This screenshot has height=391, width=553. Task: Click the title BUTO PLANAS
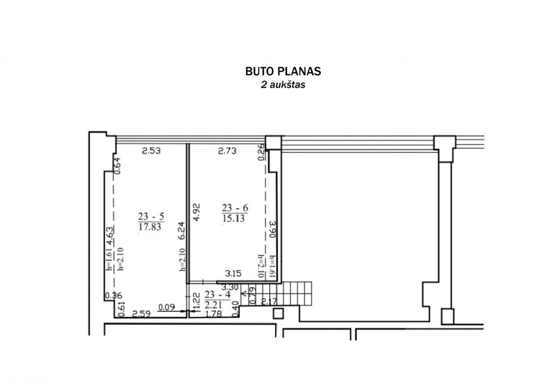[283, 71]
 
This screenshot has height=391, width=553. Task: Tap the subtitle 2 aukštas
[283, 85]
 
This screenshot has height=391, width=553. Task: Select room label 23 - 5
[151, 216]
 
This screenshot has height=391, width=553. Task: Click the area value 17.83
[150, 227]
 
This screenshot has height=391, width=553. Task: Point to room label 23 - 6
[235, 208]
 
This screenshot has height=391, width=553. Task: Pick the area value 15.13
[233, 218]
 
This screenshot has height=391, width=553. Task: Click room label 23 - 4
[217, 294]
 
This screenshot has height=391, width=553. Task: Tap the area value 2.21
[213, 305]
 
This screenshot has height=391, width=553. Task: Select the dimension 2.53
[151, 151]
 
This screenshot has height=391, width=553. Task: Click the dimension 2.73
[227, 151]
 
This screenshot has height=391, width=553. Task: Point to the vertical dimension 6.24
[182, 231]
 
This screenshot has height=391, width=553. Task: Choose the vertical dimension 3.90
[273, 229]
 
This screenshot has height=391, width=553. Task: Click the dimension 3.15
[233, 273]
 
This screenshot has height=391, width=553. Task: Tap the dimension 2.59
[141, 314]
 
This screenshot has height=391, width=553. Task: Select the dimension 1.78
[213, 314]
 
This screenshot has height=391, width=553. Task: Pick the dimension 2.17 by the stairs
[269, 301]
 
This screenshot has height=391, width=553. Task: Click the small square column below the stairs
[278, 314]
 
